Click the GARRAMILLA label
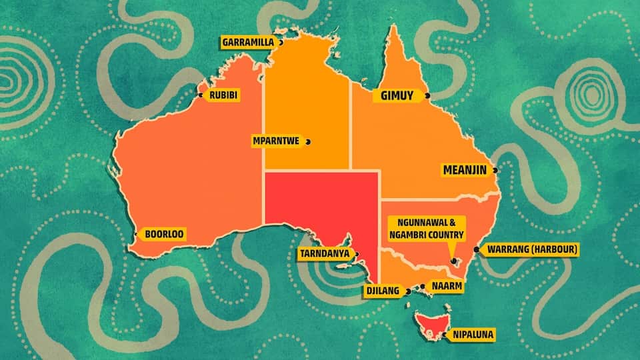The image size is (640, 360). (x=247, y=42)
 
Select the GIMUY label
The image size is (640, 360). (x=397, y=96)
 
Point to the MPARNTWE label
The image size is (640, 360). (x=275, y=141)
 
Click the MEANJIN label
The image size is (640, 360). (x=465, y=170)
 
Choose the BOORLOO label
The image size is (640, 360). (x=163, y=234)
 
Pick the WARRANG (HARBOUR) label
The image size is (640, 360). (x=532, y=250)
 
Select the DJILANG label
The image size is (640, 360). (x=382, y=291)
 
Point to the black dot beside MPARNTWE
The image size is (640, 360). (x=308, y=141)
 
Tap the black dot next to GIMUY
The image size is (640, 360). (x=427, y=96)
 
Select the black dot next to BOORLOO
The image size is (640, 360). (x=137, y=234)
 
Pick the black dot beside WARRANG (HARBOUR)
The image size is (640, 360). (x=476, y=250)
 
